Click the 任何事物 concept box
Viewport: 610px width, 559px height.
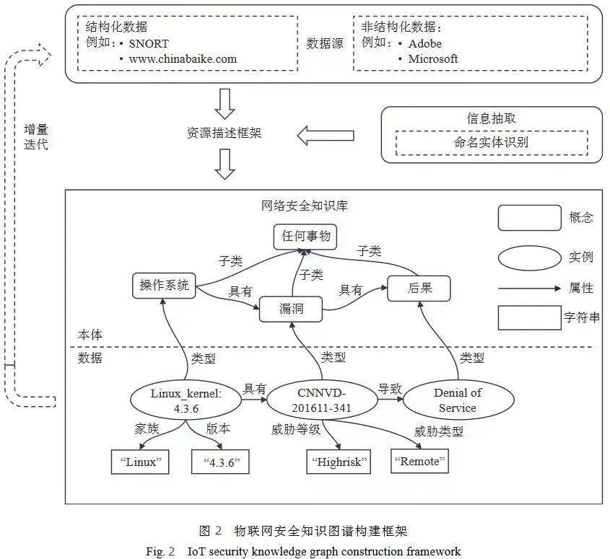(305, 237)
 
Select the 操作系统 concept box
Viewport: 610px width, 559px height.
(164, 286)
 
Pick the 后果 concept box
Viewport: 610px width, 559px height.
(419, 289)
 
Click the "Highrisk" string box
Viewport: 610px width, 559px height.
(339, 462)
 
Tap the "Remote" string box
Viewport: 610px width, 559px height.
(419, 461)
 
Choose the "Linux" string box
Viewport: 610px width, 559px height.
(140, 462)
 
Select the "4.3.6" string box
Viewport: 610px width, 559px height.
(220, 462)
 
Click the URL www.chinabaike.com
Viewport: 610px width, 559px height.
(183, 59)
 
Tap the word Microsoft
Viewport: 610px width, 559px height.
(432, 59)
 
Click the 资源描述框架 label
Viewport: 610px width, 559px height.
(225, 133)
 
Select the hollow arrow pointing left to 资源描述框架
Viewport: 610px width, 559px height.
(326, 134)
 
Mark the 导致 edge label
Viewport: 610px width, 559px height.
(389, 388)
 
